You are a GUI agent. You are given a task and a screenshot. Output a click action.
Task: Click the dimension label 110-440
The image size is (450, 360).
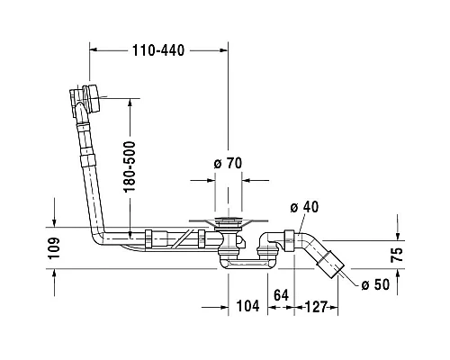(x=158, y=50)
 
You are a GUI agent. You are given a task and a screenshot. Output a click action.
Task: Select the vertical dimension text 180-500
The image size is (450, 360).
(x=130, y=166)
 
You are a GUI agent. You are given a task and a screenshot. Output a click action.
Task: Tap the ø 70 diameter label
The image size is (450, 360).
(x=228, y=163)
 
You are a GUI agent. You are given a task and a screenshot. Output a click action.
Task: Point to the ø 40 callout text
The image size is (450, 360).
(x=304, y=207)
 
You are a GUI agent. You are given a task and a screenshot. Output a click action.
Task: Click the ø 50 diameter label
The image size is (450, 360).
(x=375, y=284)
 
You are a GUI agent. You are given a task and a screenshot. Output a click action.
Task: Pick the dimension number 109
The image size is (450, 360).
(x=54, y=248)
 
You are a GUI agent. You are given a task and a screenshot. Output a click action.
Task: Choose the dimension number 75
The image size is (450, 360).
(x=397, y=255)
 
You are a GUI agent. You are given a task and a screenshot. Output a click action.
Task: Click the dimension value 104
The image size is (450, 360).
(x=247, y=306)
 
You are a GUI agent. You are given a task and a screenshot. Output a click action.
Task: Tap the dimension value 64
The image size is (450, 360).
(x=281, y=295)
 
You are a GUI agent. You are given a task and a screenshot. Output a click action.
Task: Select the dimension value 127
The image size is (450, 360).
(x=316, y=307)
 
